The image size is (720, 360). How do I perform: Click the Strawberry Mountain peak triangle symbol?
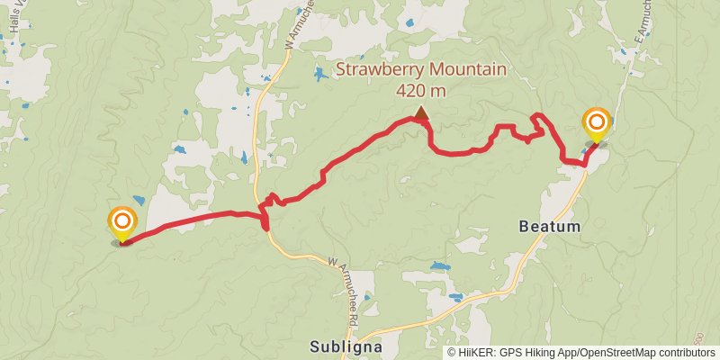tap(421, 112)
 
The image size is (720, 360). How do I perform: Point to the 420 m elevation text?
tap(420, 90)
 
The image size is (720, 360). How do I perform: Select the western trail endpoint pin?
tap(122, 223)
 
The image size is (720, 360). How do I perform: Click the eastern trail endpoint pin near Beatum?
tap(596, 124)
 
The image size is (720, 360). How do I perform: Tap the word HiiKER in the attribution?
tap(476, 353)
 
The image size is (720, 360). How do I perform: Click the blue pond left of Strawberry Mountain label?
tap(321, 74)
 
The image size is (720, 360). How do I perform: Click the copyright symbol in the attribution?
tap(452, 353)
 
